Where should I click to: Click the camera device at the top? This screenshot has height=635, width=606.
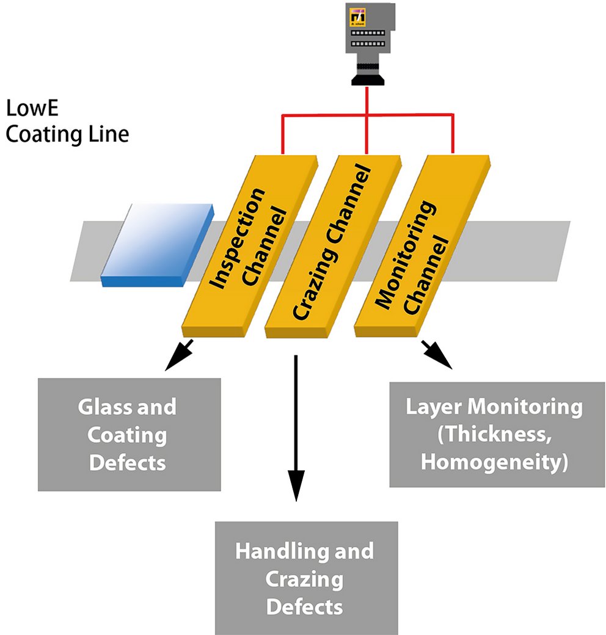point(366,40)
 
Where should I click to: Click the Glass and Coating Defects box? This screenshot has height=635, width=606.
point(129,434)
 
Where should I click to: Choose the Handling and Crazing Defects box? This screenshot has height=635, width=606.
point(306,578)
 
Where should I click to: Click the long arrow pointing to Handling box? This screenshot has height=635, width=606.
point(296,427)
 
